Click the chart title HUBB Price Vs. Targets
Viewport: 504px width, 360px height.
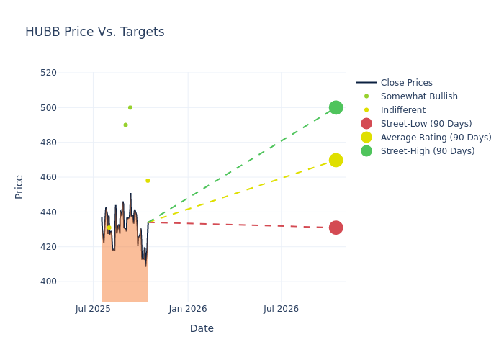94,32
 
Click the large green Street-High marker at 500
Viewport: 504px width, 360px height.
336,107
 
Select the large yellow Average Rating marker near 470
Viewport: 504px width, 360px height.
336,160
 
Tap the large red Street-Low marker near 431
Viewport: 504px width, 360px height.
336,228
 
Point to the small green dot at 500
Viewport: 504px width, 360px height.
130,107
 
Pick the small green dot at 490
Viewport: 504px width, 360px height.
125,125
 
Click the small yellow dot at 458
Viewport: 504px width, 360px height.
148,181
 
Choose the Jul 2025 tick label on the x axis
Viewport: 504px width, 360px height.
93,309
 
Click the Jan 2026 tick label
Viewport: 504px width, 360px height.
188,309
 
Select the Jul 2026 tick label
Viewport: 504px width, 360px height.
281,309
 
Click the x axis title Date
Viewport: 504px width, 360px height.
202,328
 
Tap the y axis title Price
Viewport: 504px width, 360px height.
19,186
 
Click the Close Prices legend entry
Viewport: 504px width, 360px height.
406,83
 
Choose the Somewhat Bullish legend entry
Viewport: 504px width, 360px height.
419,96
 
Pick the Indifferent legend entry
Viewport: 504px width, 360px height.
402,110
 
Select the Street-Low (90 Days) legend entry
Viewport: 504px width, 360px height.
426,124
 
